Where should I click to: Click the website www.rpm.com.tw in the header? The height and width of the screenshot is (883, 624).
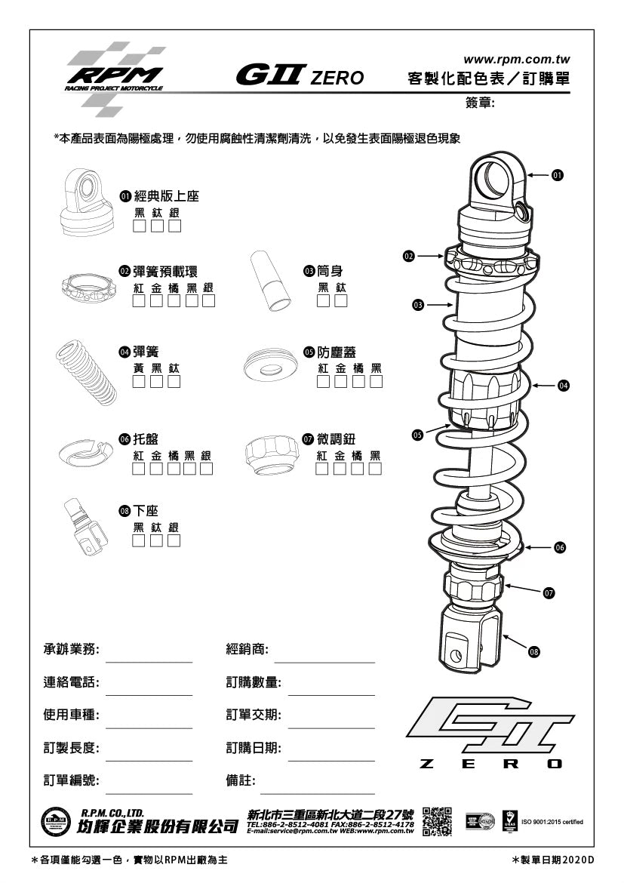(x=516, y=59)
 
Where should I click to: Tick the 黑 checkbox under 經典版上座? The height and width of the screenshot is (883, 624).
(x=140, y=226)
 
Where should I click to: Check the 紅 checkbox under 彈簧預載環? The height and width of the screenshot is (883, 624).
(x=139, y=302)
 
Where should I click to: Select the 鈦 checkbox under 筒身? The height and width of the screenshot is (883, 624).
(x=341, y=302)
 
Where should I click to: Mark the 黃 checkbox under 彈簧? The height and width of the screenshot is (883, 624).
(x=139, y=382)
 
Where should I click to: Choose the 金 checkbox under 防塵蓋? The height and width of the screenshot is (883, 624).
(x=340, y=382)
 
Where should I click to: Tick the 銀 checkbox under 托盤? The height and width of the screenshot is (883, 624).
(x=206, y=469)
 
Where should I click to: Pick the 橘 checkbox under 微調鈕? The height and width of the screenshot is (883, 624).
(x=357, y=469)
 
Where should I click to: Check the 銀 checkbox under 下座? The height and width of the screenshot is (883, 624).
(x=174, y=540)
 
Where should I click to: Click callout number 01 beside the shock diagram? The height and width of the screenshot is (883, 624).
(x=557, y=175)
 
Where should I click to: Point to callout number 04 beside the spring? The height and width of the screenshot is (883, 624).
(x=563, y=386)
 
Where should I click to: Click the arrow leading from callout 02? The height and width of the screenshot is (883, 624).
(x=429, y=257)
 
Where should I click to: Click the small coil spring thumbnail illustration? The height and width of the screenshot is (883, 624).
(x=88, y=373)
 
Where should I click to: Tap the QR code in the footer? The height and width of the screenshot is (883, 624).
(x=437, y=821)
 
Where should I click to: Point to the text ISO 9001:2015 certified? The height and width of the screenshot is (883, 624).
(x=552, y=822)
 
